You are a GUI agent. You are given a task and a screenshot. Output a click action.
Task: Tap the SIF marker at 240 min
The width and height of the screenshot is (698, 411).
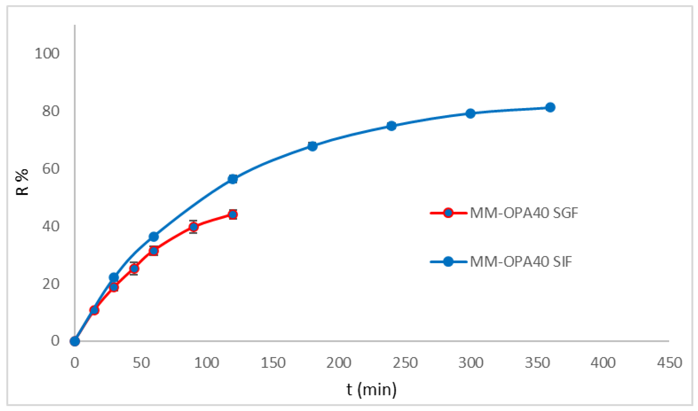[x=392, y=126]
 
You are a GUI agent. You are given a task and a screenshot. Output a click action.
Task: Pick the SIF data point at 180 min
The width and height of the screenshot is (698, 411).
[x=312, y=146]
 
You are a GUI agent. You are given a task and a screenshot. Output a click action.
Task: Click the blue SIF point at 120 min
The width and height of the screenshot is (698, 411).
[x=233, y=179]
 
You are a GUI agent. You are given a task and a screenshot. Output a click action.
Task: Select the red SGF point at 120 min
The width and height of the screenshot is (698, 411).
[x=233, y=215]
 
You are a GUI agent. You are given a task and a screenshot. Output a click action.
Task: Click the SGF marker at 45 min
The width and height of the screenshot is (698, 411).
[x=134, y=268]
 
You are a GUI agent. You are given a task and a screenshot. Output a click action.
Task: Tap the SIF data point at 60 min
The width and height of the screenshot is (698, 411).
[x=154, y=237]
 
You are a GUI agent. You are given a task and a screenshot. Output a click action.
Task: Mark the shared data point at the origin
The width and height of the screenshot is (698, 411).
[x=75, y=341]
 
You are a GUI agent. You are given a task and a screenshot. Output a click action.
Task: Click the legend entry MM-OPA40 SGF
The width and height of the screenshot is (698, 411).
[x=524, y=213]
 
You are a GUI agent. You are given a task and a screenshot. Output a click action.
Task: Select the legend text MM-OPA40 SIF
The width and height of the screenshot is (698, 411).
[x=521, y=262]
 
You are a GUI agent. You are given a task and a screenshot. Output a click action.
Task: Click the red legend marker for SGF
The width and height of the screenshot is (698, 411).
[x=448, y=213]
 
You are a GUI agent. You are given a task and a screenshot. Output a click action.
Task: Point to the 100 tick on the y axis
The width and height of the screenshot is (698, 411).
[x=47, y=54]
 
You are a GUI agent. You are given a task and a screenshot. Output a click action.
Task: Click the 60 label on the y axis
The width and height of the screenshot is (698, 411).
[x=51, y=169]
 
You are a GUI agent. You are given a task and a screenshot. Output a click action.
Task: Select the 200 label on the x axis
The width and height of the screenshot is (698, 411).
[x=339, y=363]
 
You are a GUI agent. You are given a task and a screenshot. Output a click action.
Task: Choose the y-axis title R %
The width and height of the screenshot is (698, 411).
[x=22, y=182]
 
